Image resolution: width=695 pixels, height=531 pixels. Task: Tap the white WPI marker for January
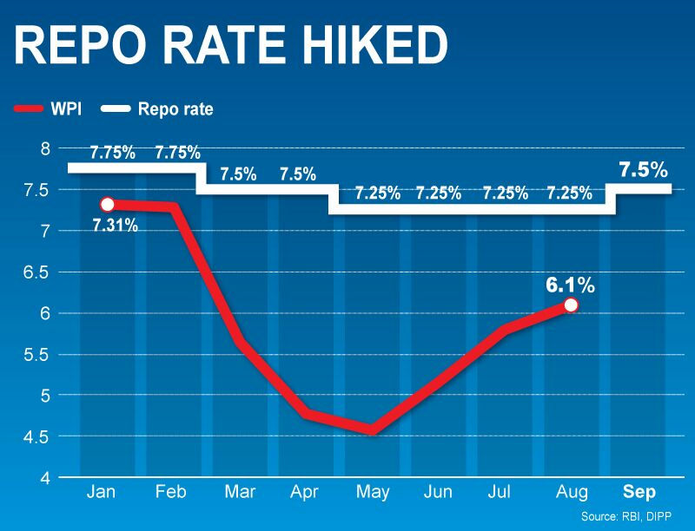pyautogui.click(x=107, y=205)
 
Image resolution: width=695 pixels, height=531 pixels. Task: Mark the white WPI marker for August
pyautogui.click(x=570, y=305)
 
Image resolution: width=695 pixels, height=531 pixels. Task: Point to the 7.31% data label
pyautogui.click(x=114, y=227)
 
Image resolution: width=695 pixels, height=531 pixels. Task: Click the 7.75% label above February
pyautogui.click(x=177, y=154)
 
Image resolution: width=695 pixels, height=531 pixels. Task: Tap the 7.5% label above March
pyautogui.click(x=238, y=174)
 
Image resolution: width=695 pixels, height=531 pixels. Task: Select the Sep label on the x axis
pyautogui.click(x=640, y=491)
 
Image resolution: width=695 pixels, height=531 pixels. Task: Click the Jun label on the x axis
pyautogui.click(x=437, y=491)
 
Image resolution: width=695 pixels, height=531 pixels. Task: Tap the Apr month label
pyautogui.click(x=303, y=491)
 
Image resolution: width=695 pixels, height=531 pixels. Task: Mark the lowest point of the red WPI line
pyautogui.click(x=371, y=430)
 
